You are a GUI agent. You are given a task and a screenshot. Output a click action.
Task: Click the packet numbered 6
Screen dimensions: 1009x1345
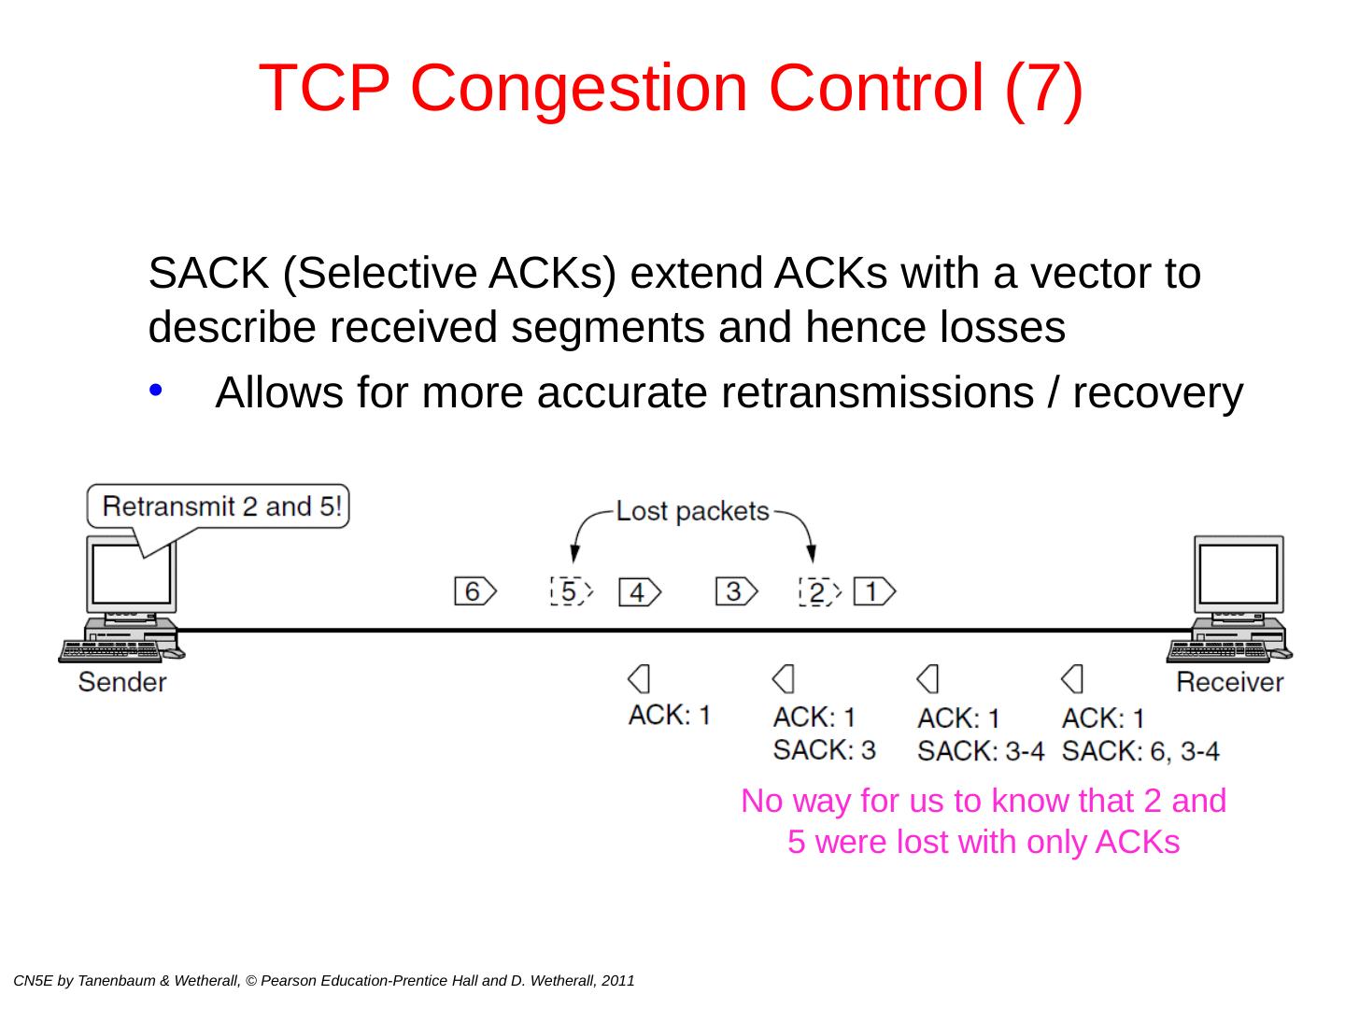coord(474,591)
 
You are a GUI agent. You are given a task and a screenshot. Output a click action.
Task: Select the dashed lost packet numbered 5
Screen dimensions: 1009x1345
coord(570,591)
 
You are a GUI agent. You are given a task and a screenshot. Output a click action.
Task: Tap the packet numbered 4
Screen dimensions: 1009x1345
coord(639,592)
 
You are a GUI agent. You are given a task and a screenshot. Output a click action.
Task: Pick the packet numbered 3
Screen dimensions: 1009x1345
coord(736,591)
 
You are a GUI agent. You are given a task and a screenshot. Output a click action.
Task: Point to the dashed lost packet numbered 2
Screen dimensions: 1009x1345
coord(819,592)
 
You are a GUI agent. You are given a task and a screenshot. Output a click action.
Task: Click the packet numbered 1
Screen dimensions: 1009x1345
coord(873,591)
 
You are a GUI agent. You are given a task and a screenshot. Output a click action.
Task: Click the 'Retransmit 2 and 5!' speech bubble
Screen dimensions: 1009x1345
coord(220,507)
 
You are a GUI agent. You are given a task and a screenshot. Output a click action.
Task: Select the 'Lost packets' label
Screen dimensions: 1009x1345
coord(693,511)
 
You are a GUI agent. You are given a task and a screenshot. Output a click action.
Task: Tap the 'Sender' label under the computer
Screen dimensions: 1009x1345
coord(122,682)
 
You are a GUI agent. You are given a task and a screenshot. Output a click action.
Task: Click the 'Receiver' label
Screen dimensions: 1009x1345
coord(1229,682)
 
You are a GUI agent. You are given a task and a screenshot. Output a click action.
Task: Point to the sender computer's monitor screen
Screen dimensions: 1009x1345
coord(132,572)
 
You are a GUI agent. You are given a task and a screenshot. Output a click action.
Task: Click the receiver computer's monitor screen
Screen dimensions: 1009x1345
coord(1239,572)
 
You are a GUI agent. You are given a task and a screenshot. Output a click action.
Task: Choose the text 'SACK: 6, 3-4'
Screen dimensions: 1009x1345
coord(1140,750)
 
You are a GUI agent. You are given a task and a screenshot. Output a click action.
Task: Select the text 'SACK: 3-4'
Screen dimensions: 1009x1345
coord(981,750)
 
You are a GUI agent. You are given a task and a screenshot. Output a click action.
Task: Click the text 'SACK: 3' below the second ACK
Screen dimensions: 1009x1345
coord(825,749)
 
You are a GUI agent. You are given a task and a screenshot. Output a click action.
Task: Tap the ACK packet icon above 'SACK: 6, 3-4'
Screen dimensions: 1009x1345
coord(1073,678)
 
